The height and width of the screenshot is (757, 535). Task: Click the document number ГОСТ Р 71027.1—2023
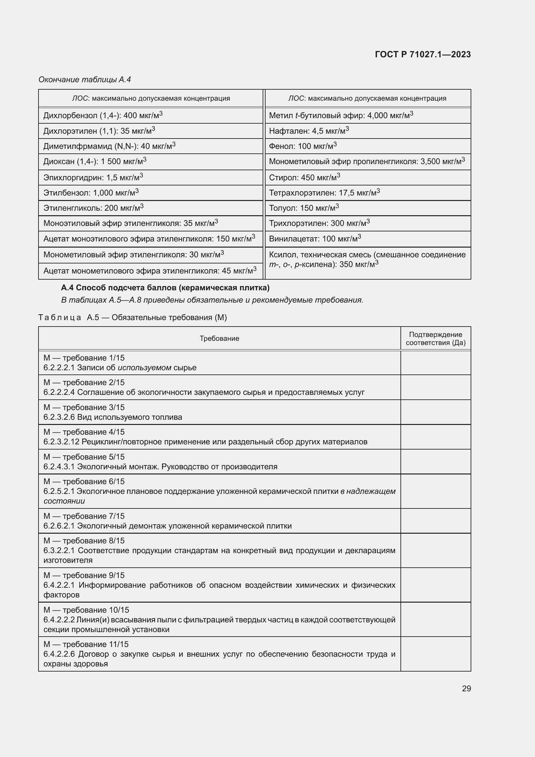pyautogui.click(x=423, y=54)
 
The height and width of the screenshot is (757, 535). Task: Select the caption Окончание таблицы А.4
pyautogui.click(x=85, y=80)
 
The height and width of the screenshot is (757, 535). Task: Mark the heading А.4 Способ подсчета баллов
pyautogui.click(x=165, y=288)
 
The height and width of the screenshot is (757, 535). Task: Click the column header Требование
pyautogui.click(x=219, y=339)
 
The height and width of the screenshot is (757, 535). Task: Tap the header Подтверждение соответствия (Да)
pyautogui.click(x=435, y=339)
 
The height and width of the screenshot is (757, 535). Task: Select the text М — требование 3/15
pyautogui.click(x=84, y=407)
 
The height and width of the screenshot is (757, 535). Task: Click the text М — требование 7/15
pyautogui.click(x=84, y=516)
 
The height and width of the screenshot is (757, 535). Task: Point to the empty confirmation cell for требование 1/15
pyautogui.click(x=435, y=363)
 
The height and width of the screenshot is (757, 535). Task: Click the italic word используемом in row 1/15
pyautogui.click(x=144, y=368)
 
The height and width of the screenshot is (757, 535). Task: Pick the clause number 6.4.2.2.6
pyautogui.click(x=59, y=654)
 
